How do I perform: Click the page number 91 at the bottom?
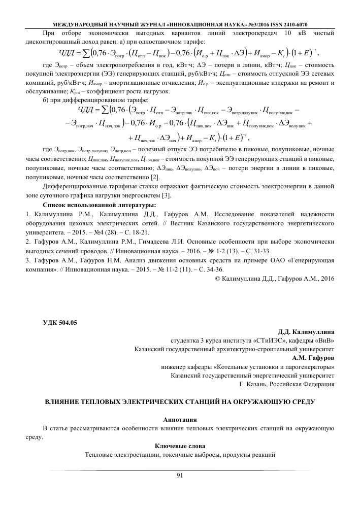(179, 475)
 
